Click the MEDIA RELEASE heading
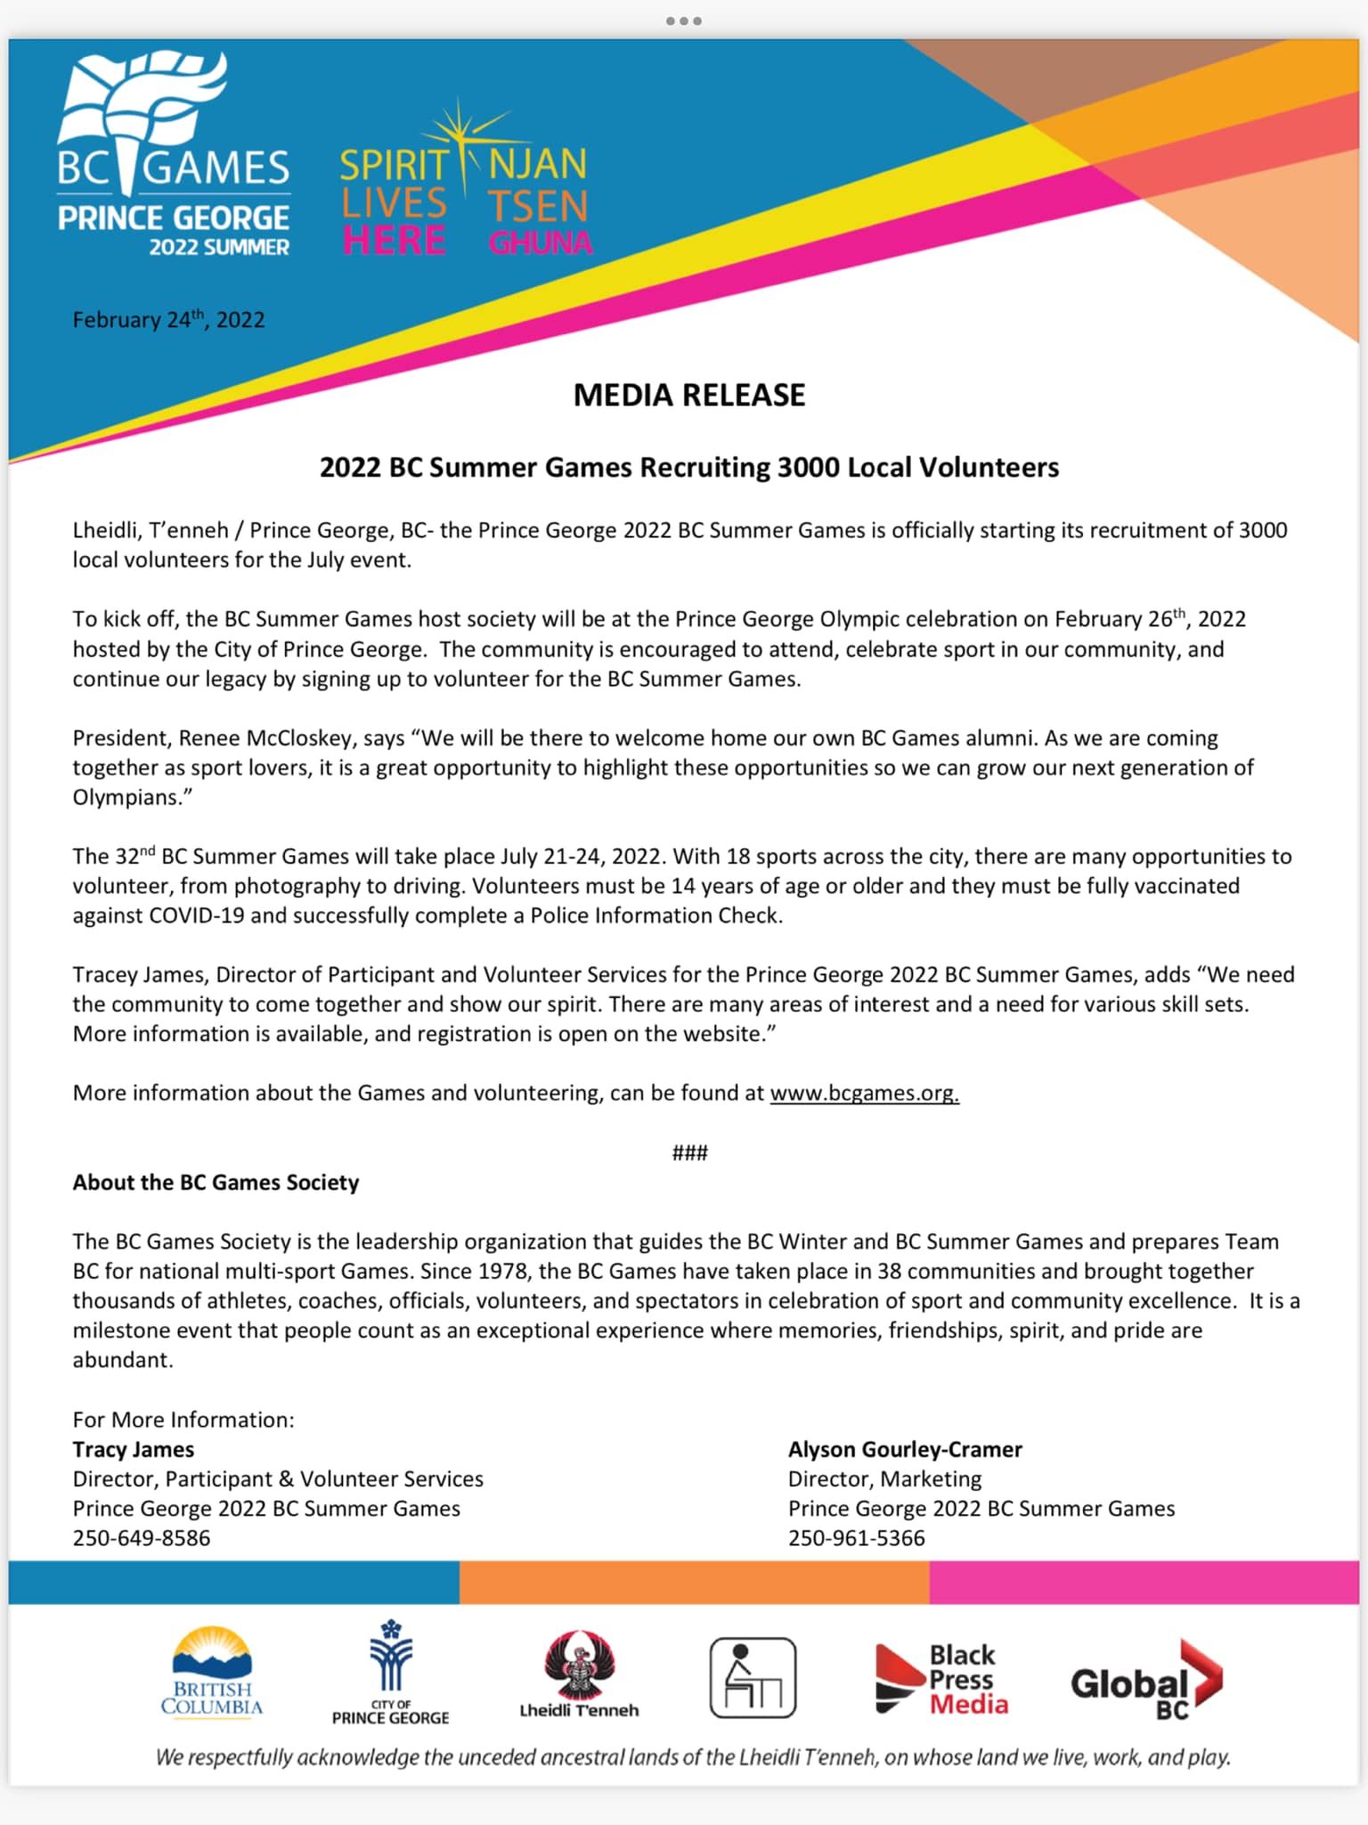point(688,395)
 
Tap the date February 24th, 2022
point(168,320)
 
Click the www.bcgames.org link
point(864,1093)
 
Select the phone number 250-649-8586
point(142,1538)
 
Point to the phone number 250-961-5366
point(856,1538)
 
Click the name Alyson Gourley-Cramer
point(905,1450)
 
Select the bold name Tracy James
point(134,1450)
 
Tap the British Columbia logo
point(212,1673)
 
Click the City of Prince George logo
point(391,1673)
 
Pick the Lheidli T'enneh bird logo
point(579,1666)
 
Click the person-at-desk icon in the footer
point(753,1677)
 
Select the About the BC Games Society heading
point(216,1183)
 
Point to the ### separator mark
point(689,1153)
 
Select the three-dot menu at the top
point(683,20)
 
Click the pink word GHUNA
point(541,243)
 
